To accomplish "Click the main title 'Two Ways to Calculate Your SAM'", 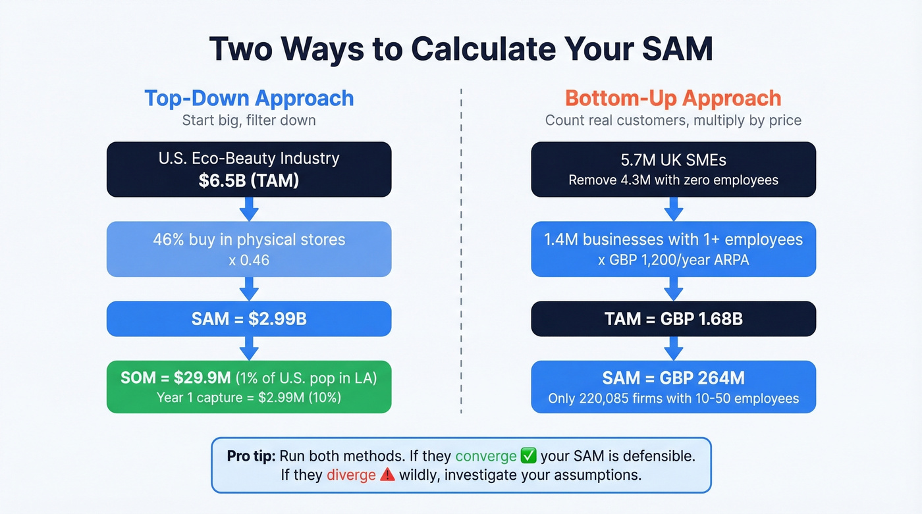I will point(461,49).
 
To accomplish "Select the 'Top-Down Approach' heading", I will point(249,98).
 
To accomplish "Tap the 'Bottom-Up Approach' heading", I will point(673,98).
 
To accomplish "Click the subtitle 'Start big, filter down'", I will point(249,120).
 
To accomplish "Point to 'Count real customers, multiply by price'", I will point(673,120).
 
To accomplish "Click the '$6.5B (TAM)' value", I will point(249,180).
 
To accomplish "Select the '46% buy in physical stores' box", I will point(249,249).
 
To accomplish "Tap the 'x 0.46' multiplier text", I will point(249,261).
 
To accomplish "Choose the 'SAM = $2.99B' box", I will point(249,319).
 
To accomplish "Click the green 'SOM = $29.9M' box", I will point(249,386).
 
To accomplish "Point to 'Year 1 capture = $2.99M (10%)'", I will point(249,398).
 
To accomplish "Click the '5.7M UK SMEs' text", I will point(673,159).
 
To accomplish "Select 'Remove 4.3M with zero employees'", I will point(673,180).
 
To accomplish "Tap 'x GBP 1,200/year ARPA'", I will point(673,260).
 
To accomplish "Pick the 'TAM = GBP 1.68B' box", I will point(673,319).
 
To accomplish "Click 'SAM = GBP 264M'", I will point(673,378).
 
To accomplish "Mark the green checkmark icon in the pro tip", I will point(529,455).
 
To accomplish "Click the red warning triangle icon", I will point(387,475).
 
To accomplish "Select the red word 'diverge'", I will point(351,475).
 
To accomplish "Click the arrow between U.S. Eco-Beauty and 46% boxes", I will point(249,209).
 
